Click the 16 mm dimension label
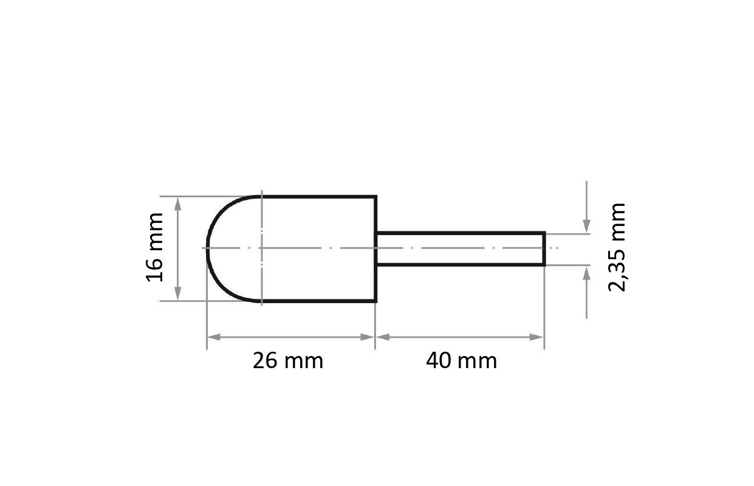pos(154,247)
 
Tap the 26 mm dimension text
pos(288,361)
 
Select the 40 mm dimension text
pos(462,361)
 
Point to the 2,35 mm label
pos(617,247)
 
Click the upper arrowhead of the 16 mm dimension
pos(178,204)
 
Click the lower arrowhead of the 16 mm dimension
pos(178,293)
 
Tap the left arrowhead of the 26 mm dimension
pos(214,337)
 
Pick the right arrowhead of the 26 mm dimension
pos(367,337)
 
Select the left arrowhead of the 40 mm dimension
pos(383,337)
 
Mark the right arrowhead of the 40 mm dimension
pos(536,337)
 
